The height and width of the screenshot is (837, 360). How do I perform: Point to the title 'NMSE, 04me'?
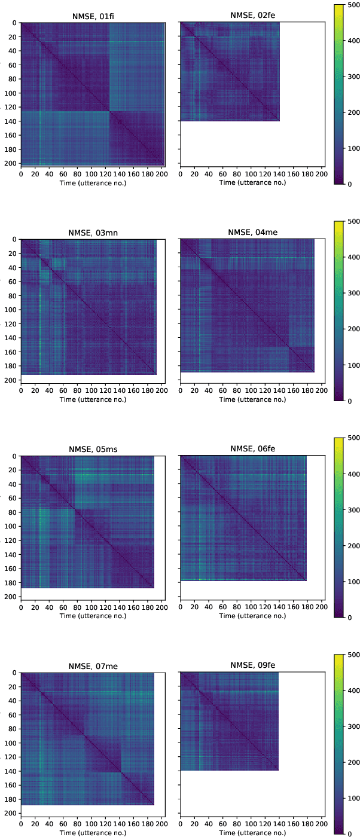(x=252, y=232)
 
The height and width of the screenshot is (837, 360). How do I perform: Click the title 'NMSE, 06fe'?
(x=252, y=448)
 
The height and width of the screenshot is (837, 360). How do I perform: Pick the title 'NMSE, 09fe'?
(x=252, y=665)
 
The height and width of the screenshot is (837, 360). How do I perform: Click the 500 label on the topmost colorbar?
(x=353, y=4)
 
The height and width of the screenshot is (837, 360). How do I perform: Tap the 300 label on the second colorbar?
(x=353, y=293)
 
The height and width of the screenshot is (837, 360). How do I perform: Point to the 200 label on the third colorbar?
(x=353, y=546)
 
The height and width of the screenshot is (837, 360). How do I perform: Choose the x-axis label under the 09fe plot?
(x=252, y=832)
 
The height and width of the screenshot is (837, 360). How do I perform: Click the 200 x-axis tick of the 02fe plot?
(x=321, y=174)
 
